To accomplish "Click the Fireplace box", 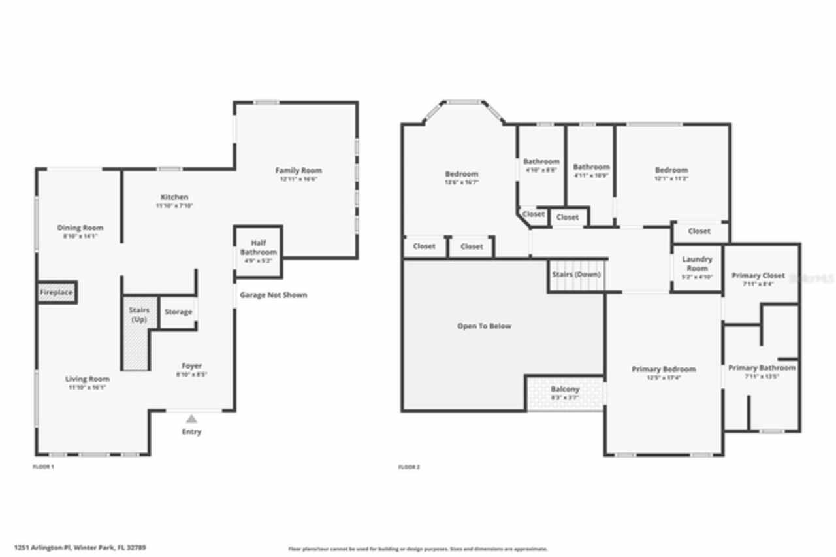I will (56, 292).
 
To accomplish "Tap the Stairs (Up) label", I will (139, 314).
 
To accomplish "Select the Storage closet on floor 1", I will (178, 312).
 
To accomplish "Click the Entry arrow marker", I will (191, 419).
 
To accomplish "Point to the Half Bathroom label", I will (258, 248).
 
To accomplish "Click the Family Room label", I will (298, 171).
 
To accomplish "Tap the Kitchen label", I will (174, 197).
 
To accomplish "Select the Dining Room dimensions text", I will (80, 237).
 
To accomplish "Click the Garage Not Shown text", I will (273, 295).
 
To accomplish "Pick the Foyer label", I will (191, 366).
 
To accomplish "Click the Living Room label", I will (87, 379).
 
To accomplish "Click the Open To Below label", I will (484, 326).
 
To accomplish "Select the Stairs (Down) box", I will (576, 275).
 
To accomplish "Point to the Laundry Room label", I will (697, 263).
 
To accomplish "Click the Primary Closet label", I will (758, 275).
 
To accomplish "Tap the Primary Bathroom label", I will (762, 368).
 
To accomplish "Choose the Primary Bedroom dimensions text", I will (664, 378).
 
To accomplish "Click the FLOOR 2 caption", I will (409, 467).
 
